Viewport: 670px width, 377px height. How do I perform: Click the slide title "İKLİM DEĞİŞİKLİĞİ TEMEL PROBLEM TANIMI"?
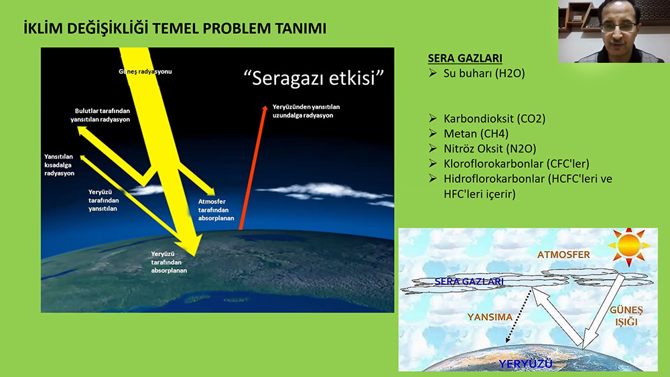click(x=175, y=28)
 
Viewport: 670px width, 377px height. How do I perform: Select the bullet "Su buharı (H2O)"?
click(x=484, y=74)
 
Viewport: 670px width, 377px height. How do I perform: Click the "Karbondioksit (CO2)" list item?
click(x=494, y=119)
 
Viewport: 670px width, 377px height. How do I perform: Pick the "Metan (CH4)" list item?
click(x=476, y=134)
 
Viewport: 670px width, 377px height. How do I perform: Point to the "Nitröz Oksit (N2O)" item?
click(x=490, y=149)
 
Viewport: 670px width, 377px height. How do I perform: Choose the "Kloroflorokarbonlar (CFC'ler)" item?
click(x=516, y=163)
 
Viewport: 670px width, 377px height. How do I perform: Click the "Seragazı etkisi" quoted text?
click(x=314, y=78)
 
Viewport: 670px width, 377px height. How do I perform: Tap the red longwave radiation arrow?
click(x=253, y=167)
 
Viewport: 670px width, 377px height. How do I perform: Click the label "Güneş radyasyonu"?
click(x=145, y=71)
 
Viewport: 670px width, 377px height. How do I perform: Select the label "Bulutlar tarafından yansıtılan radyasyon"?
click(x=100, y=115)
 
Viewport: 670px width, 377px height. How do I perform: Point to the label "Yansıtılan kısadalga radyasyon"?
click(x=60, y=165)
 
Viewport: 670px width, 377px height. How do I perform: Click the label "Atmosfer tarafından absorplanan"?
click(x=216, y=210)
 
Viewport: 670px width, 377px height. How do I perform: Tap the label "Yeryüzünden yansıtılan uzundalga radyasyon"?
click(x=306, y=111)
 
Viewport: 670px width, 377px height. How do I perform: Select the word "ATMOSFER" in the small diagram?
click(x=563, y=255)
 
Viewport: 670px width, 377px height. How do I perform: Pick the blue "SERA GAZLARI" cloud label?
click(x=469, y=281)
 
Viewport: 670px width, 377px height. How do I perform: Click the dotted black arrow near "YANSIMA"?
click(x=519, y=316)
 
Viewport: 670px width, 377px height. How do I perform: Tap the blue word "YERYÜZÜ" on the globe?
click(x=526, y=364)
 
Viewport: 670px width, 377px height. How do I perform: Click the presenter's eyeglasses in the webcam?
click(x=618, y=27)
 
